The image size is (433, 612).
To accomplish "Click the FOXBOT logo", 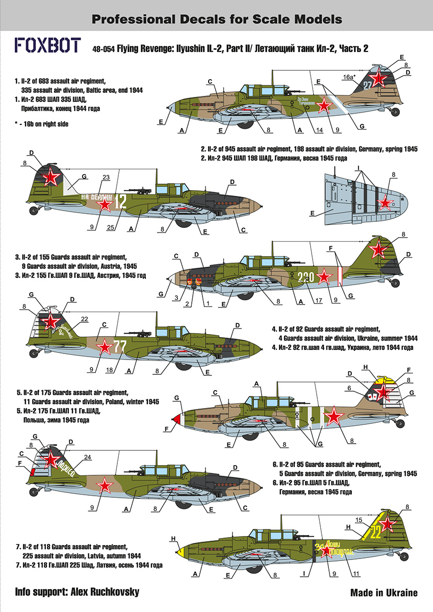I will pyautogui.click(x=47, y=45).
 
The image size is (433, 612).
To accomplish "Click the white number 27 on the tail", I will pyautogui.click(x=368, y=86).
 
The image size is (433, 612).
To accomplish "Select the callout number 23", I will pyautogui.click(x=106, y=178).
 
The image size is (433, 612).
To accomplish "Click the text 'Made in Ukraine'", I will pyautogui.click(x=384, y=593).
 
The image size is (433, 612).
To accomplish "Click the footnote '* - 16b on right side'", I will pyautogui.click(x=41, y=124).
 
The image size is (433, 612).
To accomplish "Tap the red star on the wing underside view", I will pyautogui.click(x=385, y=203).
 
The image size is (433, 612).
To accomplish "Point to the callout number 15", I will pyautogui.click(x=359, y=520).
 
